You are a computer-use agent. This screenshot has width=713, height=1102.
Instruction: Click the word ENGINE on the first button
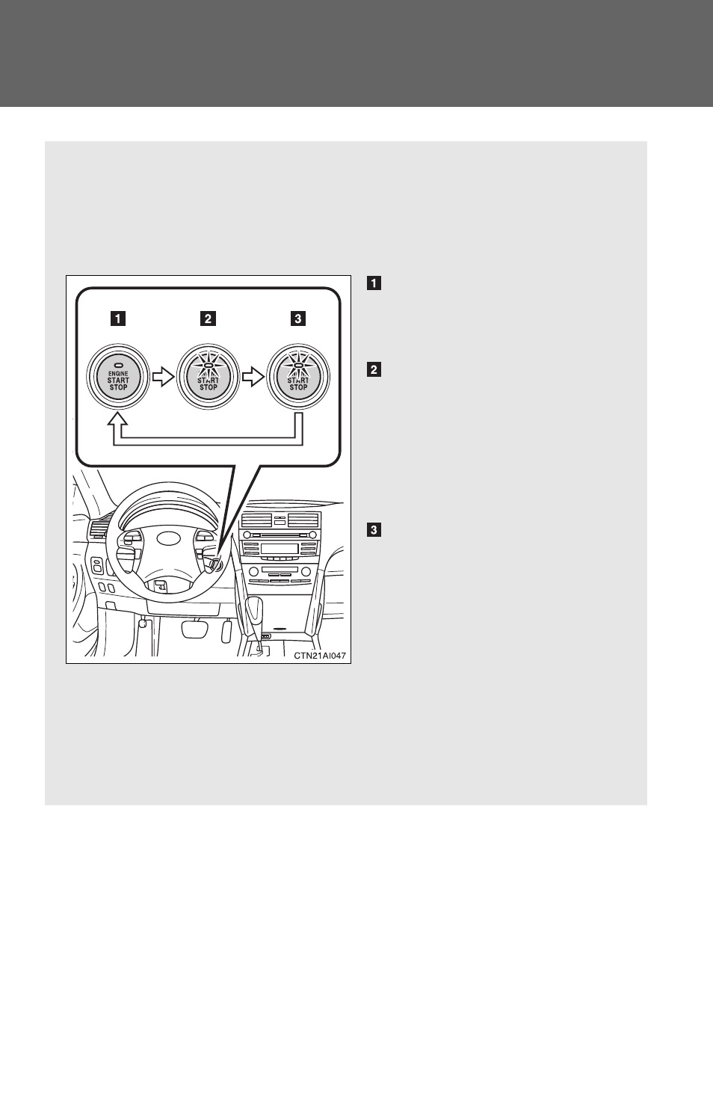pyautogui.click(x=118, y=373)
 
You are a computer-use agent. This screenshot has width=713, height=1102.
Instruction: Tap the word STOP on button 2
pyautogui.click(x=208, y=387)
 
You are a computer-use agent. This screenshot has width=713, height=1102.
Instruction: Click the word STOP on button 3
pyautogui.click(x=298, y=387)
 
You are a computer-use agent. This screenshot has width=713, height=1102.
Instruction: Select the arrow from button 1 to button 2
pyautogui.click(x=163, y=378)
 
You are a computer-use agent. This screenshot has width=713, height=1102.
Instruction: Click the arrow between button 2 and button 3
pyautogui.click(x=253, y=378)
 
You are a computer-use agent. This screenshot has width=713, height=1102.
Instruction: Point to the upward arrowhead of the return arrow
pyautogui.click(x=117, y=419)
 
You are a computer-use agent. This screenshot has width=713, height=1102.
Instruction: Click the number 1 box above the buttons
pyautogui.click(x=118, y=318)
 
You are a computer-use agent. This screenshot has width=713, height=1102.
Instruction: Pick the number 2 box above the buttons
pyautogui.click(x=208, y=318)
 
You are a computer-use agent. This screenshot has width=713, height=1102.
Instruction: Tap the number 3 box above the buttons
pyautogui.click(x=298, y=318)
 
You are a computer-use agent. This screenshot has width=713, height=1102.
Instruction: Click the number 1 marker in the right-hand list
pyautogui.click(x=374, y=283)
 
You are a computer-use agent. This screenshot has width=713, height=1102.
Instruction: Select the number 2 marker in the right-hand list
pyautogui.click(x=374, y=369)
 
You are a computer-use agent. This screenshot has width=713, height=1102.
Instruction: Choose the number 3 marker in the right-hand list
pyautogui.click(x=374, y=530)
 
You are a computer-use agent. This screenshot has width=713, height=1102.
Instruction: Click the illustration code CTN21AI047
pyautogui.click(x=320, y=656)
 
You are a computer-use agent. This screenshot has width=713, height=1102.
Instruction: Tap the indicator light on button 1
pyautogui.click(x=118, y=366)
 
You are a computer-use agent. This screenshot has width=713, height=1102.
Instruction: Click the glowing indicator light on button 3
pyautogui.click(x=298, y=366)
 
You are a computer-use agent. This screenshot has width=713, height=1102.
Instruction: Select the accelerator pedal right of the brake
pyautogui.click(x=226, y=631)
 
